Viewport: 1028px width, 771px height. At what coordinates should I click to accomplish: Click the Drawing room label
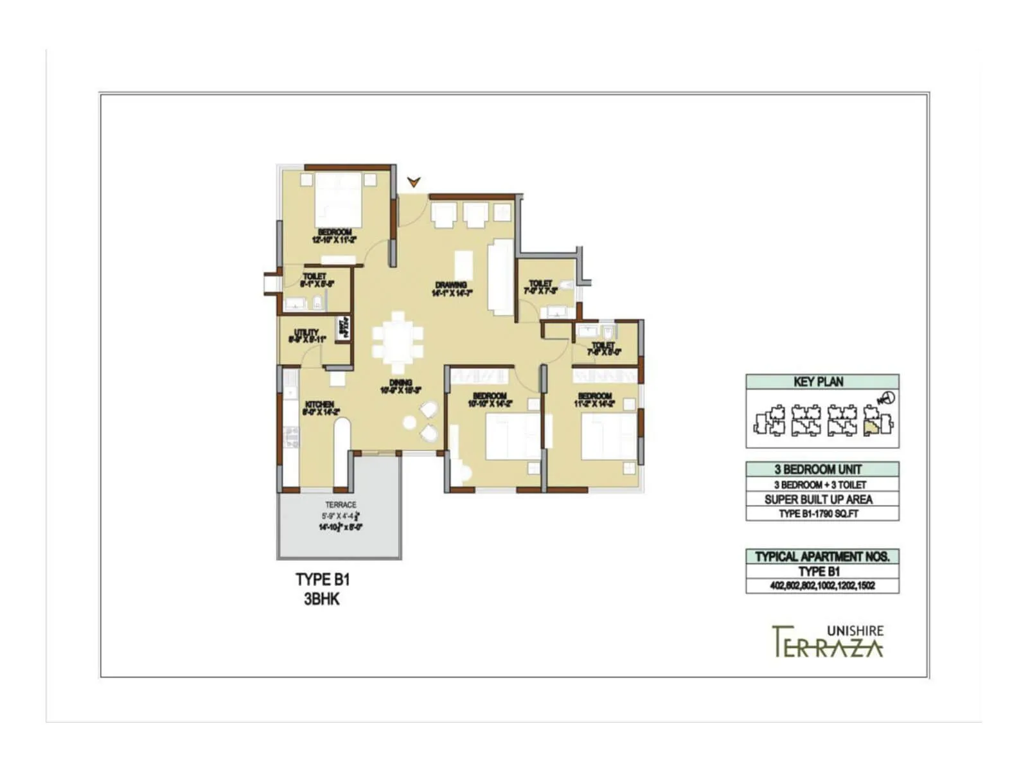[x=452, y=288]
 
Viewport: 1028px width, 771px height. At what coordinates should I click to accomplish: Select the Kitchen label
[x=319, y=408]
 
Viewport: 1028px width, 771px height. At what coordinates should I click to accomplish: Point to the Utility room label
[x=307, y=335]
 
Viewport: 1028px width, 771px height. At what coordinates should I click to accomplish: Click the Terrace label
[x=341, y=505]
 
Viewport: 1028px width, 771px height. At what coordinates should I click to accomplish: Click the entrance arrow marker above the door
[x=414, y=182]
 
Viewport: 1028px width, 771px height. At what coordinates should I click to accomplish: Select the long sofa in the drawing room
[x=501, y=277]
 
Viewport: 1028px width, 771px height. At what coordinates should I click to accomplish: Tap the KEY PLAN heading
[x=819, y=382]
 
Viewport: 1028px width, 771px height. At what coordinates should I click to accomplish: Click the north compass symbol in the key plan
[x=888, y=398]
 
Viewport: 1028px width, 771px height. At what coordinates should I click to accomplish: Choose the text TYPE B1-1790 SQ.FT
[x=819, y=514]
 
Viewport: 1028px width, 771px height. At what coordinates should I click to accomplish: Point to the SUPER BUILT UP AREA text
[x=819, y=499]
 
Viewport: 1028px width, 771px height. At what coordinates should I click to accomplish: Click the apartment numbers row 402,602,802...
[x=822, y=586]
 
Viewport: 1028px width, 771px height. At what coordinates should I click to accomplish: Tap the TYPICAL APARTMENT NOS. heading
[x=822, y=556]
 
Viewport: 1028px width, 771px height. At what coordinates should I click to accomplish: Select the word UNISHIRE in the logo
[x=855, y=631]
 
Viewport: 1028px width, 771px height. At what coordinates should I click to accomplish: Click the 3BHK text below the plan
[x=322, y=600]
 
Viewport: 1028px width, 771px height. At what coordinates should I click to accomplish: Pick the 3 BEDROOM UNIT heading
[x=819, y=470]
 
